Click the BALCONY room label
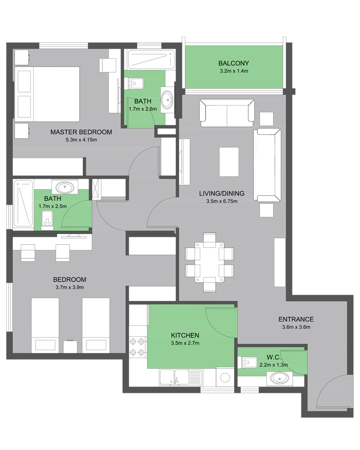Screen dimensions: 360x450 click(x=234, y=63)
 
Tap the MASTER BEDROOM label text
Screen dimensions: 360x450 click(x=81, y=132)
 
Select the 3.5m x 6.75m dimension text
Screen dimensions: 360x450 click(x=222, y=201)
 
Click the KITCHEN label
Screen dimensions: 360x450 click(x=185, y=335)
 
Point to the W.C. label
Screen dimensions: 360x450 click(x=274, y=357)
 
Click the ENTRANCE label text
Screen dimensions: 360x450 click(x=296, y=319)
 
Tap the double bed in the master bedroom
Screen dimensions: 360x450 click(x=47, y=94)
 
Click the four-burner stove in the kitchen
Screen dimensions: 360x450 click(x=138, y=347)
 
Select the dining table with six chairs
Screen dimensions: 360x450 click(x=209, y=262)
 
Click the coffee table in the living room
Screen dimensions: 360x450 click(x=229, y=162)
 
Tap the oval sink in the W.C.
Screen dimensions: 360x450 click(x=279, y=378)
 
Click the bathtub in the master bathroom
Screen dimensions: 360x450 click(x=151, y=60)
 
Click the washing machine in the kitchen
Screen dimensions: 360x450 click(x=225, y=378)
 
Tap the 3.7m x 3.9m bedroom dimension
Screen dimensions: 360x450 click(x=70, y=287)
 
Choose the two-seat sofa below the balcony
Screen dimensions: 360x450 click(x=227, y=113)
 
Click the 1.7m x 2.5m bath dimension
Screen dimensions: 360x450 click(x=53, y=206)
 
